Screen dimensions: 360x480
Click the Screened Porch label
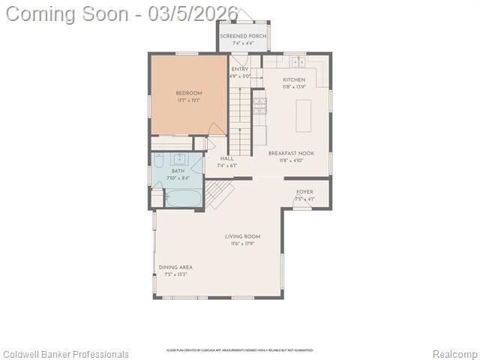(x=242, y=36)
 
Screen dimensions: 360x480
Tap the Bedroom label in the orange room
(x=188, y=93)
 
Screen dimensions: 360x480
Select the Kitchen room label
(x=294, y=79)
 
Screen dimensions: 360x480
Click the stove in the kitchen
(x=259, y=109)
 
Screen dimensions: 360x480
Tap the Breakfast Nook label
(x=295, y=153)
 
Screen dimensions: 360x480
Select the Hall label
(x=226, y=159)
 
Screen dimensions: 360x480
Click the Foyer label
(x=304, y=192)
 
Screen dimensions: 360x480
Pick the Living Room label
(x=242, y=237)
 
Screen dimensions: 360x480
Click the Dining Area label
(x=175, y=267)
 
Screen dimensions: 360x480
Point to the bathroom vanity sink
(x=181, y=158)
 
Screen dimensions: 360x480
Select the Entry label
(x=239, y=69)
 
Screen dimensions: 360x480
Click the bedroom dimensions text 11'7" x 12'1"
(x=188, y=100)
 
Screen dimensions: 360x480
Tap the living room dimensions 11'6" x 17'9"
(x=242, y=244)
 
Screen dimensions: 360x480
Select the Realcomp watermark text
(x=454, y=354)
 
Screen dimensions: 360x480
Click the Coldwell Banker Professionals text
(x=65, y=354)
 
